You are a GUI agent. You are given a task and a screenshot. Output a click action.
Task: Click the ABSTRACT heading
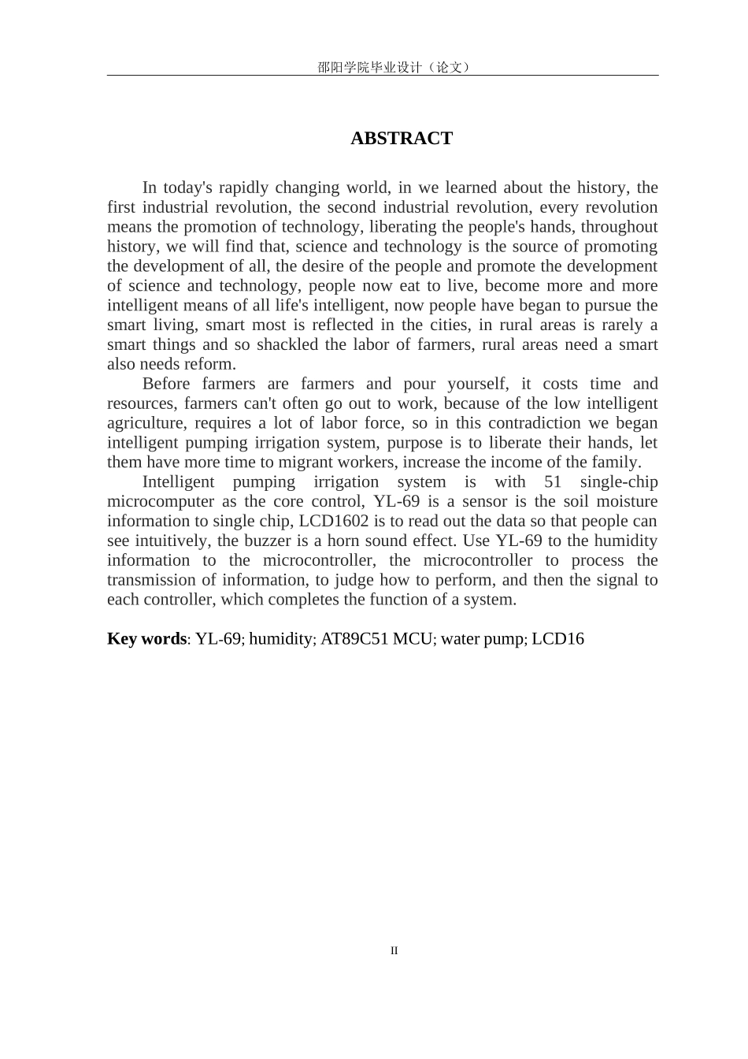click(x=402, y=139)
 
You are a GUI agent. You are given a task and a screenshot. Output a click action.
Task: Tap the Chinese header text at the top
click(x=394, y=67)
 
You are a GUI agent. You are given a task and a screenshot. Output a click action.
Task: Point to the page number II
click(x=394, y=950)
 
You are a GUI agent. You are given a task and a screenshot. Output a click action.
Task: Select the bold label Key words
click(x=146, y=639)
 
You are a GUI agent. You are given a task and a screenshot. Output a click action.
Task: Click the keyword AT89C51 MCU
click(x=376, y=639)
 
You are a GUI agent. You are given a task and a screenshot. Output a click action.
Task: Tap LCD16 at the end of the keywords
click(x=557, y=639)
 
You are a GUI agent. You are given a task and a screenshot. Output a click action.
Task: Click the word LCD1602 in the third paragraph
click(x=331, y=521)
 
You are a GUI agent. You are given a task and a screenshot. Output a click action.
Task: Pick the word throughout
click(x=620, y=227)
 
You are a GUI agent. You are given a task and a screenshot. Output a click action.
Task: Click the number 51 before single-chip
click(x=553, y=481)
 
